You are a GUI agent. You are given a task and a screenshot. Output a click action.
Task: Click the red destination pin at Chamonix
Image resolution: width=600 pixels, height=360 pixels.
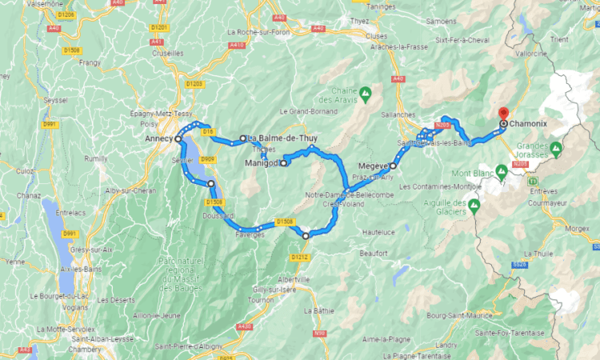(x=503, y=114)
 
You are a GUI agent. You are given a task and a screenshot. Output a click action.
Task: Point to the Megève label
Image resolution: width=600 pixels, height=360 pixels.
(x=374, y=166)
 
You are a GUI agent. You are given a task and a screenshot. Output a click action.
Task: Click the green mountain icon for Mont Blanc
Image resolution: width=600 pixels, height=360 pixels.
(x=502, y=170)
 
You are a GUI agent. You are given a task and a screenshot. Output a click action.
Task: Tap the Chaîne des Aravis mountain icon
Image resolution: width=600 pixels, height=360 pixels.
(x=366, y=93)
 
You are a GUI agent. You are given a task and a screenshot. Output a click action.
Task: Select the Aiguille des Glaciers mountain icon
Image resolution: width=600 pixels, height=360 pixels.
(x=474, y=206)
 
